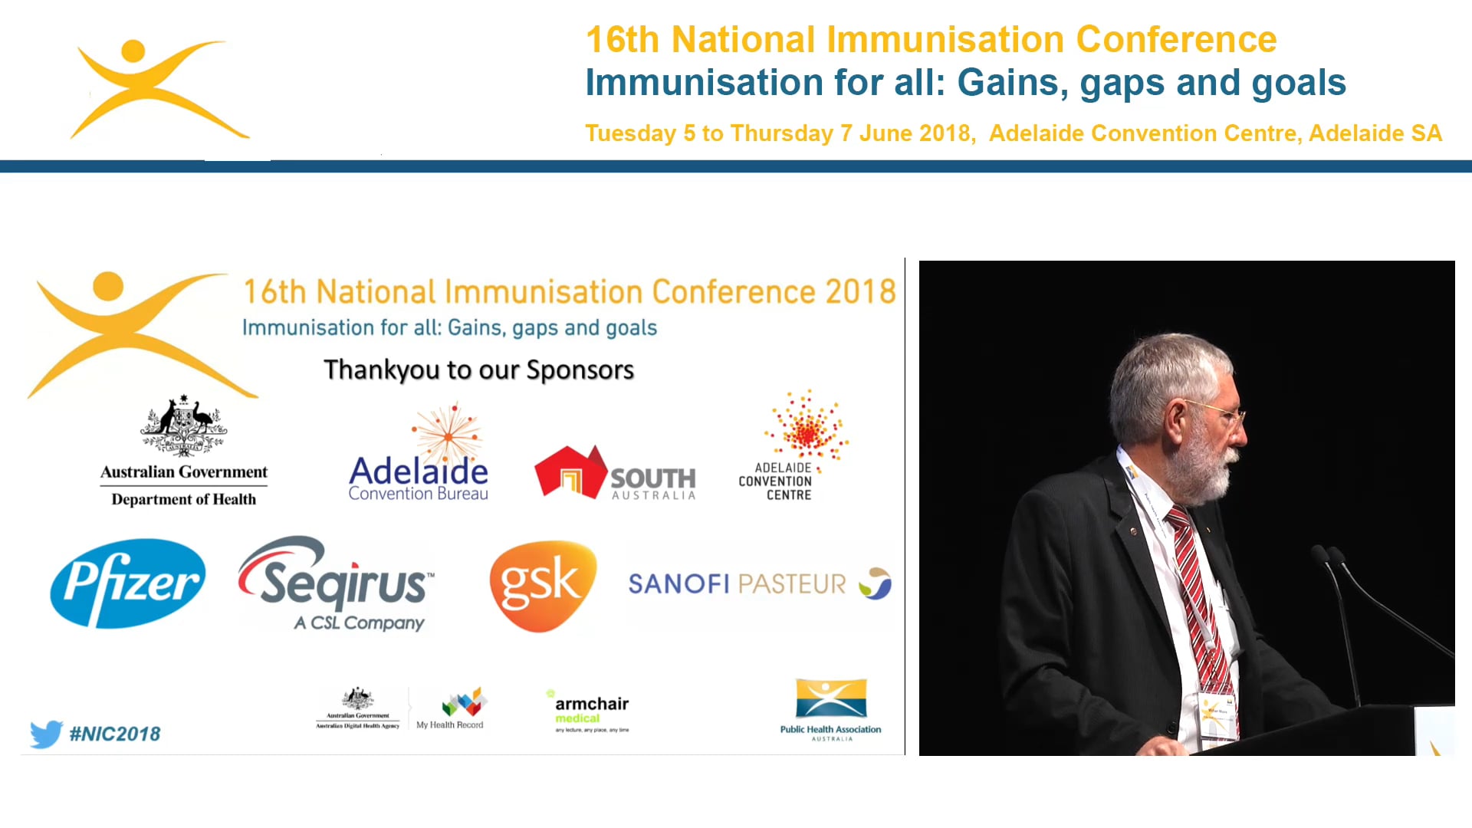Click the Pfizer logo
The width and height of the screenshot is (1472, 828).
128,583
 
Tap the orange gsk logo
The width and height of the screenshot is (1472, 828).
543,586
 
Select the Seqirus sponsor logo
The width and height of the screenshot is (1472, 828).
337,584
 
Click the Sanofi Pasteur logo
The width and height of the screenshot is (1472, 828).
759,584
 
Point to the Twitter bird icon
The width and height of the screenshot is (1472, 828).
46,734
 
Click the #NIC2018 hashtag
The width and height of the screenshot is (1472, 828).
115,734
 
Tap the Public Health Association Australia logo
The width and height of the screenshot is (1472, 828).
831,709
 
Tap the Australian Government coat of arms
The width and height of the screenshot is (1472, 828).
183,426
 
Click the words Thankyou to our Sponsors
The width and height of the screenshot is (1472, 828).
478,370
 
